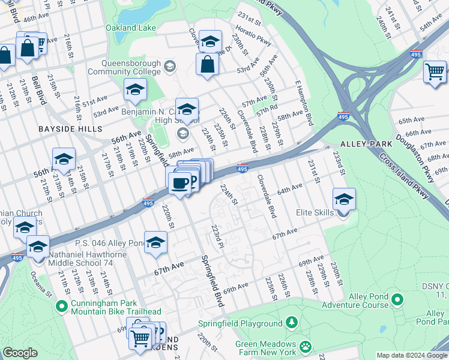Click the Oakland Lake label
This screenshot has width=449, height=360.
[x=131, y=28]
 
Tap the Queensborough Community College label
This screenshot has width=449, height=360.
[x=124, y=67]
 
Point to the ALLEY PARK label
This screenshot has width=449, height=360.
[x=366, y=144]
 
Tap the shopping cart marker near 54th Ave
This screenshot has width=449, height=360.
[x=435, y=71]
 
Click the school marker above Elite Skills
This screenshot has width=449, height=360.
[x=344, y=199]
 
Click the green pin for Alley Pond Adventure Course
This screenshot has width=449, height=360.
[x=396, y=298]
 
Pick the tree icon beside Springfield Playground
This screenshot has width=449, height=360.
[x=291, y=323]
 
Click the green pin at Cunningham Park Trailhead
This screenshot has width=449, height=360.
[x=61, y=307]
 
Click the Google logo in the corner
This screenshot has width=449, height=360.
[x=20, y=353]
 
